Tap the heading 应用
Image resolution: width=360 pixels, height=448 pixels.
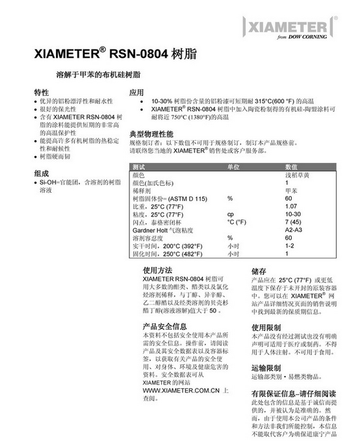pos(136,92)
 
